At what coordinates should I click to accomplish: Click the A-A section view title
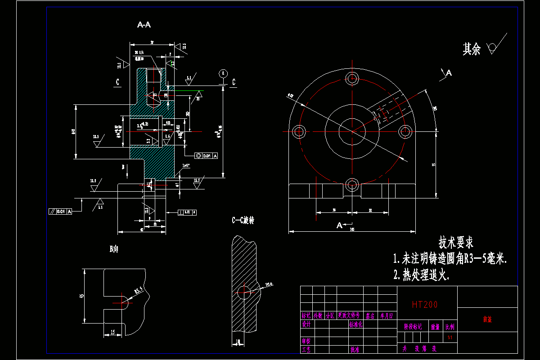[x=144, y=25]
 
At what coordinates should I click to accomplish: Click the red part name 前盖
[x=487, y=319]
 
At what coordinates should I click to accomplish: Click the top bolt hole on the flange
[x=352, y=79]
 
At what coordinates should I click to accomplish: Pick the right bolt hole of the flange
[x=405, y=131]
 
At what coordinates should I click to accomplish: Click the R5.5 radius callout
[x=138, y=290]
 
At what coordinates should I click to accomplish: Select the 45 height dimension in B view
[x=81, y=296]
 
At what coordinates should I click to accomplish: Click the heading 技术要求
[x=456, y=243]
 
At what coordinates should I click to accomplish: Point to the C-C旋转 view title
[x=243, y=220]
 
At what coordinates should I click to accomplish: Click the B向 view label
[x=114, y=249]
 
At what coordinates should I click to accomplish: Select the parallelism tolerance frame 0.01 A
[x=60, y=211]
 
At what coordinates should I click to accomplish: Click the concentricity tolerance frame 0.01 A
[x=207, y=156]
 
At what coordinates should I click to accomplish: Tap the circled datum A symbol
[x=222, y=73]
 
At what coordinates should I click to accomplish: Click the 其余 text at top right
[x=472, y=49]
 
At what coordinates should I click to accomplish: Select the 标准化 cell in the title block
[x=356, y=324]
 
